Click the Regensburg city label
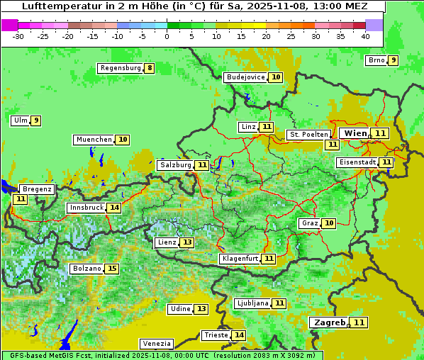[121, 68]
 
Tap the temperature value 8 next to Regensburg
[149, 68]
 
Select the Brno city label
[376, 60]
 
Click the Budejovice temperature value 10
[276, 77]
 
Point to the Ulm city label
[20, 120]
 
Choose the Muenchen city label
[94, 140]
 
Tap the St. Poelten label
[308, 134]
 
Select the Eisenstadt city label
[357, 162]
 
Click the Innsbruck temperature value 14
[114, 208]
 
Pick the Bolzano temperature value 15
[111, 269]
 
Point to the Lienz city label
[167, 242]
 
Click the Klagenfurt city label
[239, 259]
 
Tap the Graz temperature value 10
[328, 223]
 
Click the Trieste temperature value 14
[239, 335]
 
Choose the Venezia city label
[156, 343]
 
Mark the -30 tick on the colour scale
[19, 35]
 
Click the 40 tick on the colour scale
[365, 35]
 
